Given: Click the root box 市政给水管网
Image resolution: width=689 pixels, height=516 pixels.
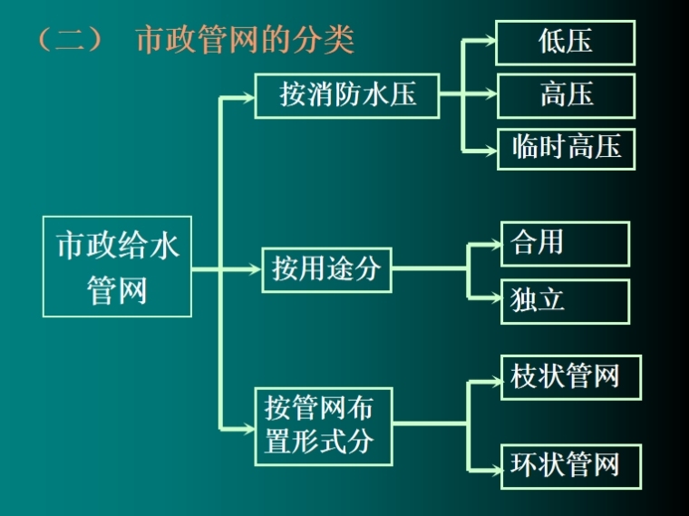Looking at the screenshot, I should pyautogui.click(x=117, y=267).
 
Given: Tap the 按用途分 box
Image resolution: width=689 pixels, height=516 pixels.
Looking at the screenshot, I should pyautogui.click(x=326, y=268).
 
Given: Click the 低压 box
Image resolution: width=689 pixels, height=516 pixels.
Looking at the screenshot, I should pyautogui.click(x=566, y=43).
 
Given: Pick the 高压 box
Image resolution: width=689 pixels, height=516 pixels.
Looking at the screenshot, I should pyautogui.click(x=566, y=95).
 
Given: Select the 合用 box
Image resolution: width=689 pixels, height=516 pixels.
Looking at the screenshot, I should pyautogui.click(x=564, y=243).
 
